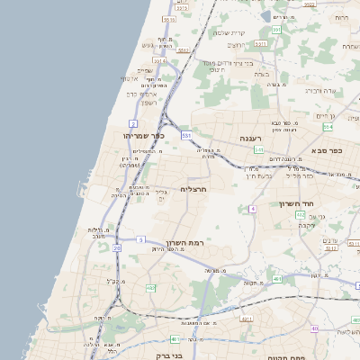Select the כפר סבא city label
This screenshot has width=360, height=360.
click(332, 151)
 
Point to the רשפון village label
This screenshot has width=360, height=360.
click(149, 103)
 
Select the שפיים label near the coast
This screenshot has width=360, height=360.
click(144, 70)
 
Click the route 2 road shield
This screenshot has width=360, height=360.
click(133, 121)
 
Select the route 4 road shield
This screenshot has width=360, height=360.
click(254, 208)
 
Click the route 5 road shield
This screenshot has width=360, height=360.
click(141, 238)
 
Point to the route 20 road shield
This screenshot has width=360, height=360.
click(116, 247)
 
